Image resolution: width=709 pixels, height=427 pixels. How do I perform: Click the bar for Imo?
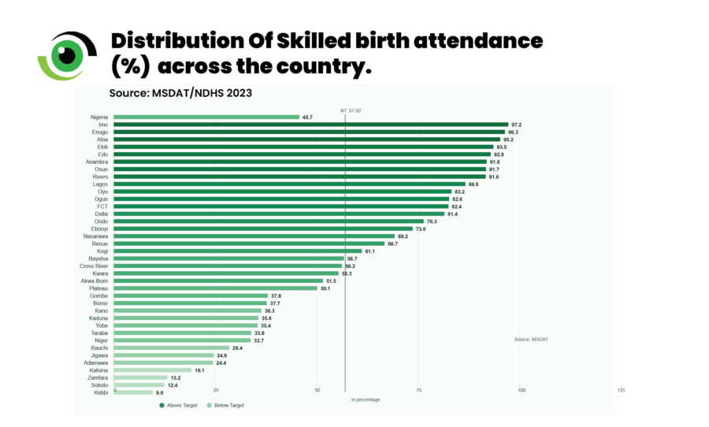[311, 124]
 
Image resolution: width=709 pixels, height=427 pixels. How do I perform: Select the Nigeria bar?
[206, 117]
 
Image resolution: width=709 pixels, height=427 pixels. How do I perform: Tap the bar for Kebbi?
[134, 392]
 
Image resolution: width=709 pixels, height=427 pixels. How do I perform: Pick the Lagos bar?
[290, 184]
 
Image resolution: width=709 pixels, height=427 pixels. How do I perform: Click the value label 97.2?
[517, 124]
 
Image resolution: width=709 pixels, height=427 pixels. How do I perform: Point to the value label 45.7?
[306, 117]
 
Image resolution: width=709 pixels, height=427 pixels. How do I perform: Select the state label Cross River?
[94, 266]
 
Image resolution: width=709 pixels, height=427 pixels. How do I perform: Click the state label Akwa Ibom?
[95, 281]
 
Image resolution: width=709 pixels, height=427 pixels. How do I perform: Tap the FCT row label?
[102, 206]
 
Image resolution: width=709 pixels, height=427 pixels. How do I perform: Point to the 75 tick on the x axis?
[418, 390]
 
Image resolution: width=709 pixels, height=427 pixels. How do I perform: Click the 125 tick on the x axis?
[621, 390]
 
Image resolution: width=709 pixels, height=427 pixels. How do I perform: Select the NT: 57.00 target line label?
[351, 110]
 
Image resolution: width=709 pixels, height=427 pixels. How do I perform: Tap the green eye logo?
[68, 54]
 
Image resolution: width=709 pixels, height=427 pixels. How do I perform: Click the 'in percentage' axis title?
[366, 399]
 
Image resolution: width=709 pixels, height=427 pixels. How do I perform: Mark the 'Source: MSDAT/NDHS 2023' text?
[180, 93]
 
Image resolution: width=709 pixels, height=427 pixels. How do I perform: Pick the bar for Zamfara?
[141, 377]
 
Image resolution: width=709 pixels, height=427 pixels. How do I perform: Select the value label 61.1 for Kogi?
[370, 251]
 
